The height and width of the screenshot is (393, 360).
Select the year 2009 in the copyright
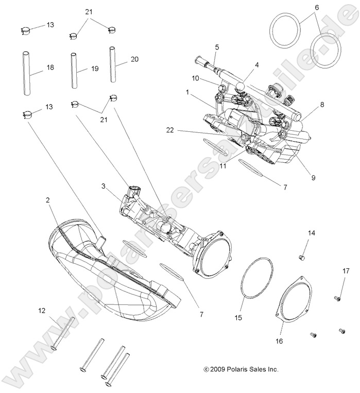[217, 369]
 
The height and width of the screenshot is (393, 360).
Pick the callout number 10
[195, 78]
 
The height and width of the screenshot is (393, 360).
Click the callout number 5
[217, 47]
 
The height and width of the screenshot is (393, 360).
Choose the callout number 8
[322, 104]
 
